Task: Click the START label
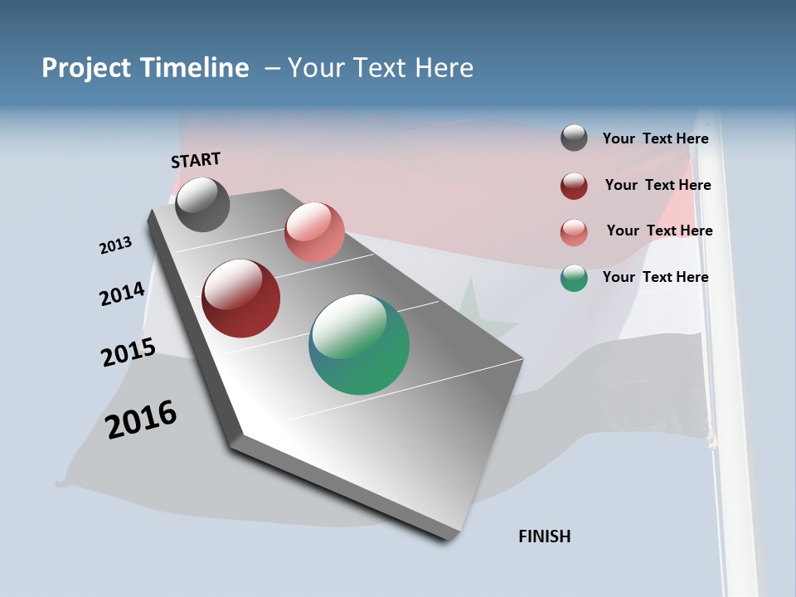[196, 159]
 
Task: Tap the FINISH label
[544, 536]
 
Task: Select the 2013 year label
[116, 245]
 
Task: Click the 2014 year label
[123, 294]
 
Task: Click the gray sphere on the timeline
[202, 204]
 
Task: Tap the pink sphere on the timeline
[314, 232]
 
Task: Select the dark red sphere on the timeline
[241, 298]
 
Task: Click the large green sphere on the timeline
[359, 344]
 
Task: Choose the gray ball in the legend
[574, 138]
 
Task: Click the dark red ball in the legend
[574, 186]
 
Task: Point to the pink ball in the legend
[574, 232]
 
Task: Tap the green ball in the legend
[574, 278]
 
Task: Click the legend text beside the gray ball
[655, 138]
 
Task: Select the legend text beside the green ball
[655, 277]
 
